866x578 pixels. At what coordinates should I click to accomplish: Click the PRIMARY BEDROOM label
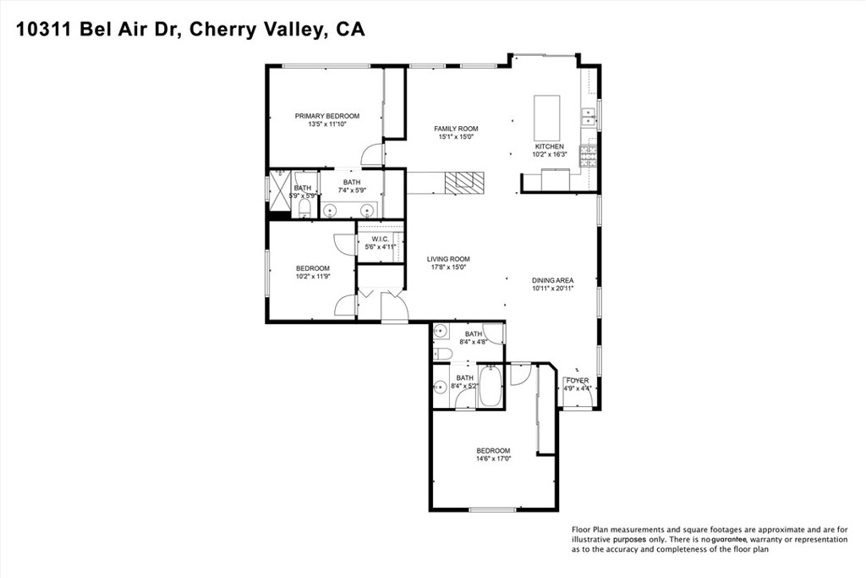[x=326, y=116]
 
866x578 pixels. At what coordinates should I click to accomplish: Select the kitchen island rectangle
[x=547, y=118]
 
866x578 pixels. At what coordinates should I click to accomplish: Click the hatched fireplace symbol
[x=465, y=182]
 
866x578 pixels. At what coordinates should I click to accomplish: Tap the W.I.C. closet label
[x=380, y=239]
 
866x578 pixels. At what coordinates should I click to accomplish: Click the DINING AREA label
[x=553, y=280]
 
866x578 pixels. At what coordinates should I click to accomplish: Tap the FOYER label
[x=578, y=381]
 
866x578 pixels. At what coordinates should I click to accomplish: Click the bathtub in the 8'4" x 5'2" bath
[x=491, y=386]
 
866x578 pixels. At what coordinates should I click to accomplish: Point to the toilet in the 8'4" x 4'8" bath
[x=441, y=352]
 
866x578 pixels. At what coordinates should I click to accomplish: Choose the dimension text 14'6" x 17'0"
[x=493, y=459]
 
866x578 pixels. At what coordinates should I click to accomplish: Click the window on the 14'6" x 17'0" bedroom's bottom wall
[x=493, y=509]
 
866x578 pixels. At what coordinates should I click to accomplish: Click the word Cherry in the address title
[x=222, y=30]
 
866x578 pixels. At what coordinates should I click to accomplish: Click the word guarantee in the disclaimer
[x=728, y=539]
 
